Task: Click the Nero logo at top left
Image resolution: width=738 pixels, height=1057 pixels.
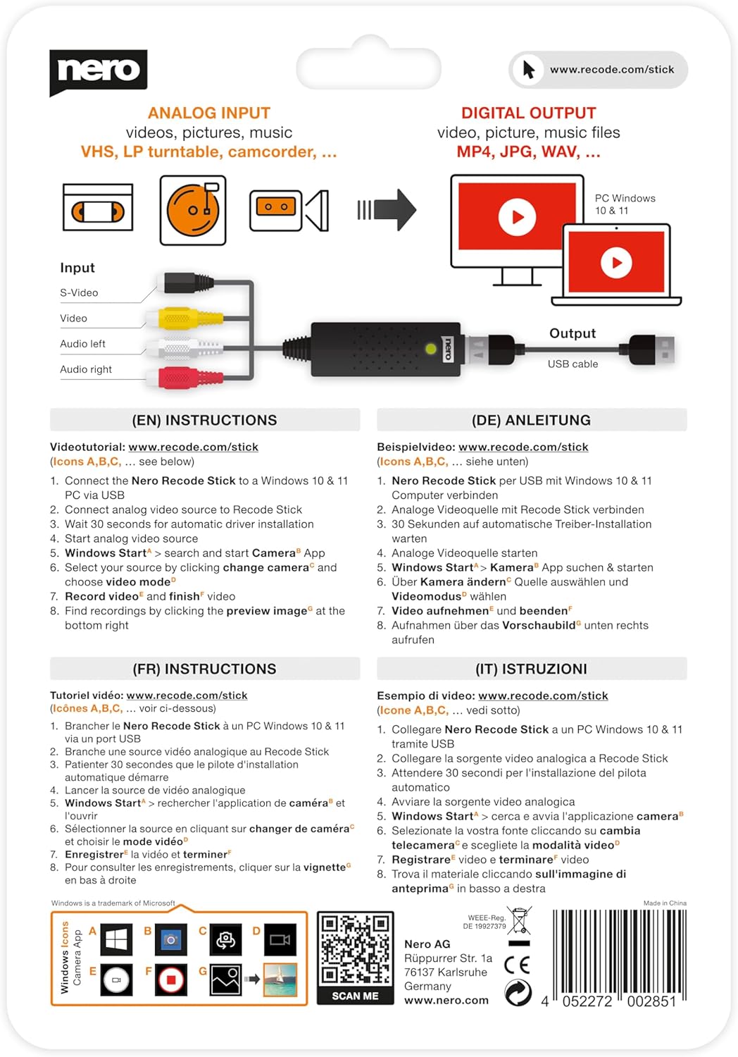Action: pyautogui.click(x=98, y=71)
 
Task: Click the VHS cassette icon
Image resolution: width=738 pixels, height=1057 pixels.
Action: pyautogui.click(x=98, y=207)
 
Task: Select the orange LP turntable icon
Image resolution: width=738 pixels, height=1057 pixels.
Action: pyautogui.click(x=193, y=210)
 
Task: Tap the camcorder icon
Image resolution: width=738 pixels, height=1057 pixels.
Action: pyautogui.click(x=289, y=210)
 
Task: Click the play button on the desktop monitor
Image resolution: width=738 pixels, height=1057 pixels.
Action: pyautogui.click(x=517, y=217)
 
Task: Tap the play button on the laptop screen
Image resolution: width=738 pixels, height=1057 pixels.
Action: pyautogui.click(x=616, y=263)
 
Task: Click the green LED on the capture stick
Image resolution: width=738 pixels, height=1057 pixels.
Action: pyautogui.click(x=431, y=348)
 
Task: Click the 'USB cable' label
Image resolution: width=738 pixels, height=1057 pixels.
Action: pyautogui.click(x=573, y=364)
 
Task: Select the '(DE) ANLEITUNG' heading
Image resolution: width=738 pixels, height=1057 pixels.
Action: pyautogui.click(x=531, y=420)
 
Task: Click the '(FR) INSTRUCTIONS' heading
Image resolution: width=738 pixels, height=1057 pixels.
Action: pyautogui.click(x=204, y=669)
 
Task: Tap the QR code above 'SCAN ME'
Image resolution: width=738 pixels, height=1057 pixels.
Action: pyautogui.click(x=355, y=948)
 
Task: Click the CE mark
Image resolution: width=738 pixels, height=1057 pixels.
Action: pyautogui.click(x=518, y=965)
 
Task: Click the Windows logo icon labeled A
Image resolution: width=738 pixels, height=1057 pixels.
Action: pyautogui.click(x=116, y=939)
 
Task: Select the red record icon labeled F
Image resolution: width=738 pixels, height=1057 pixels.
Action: pyautogui.click(x=170, y=979)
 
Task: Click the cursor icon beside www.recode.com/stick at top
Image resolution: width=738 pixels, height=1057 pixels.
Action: pyautogui.click(x=529, y=70)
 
